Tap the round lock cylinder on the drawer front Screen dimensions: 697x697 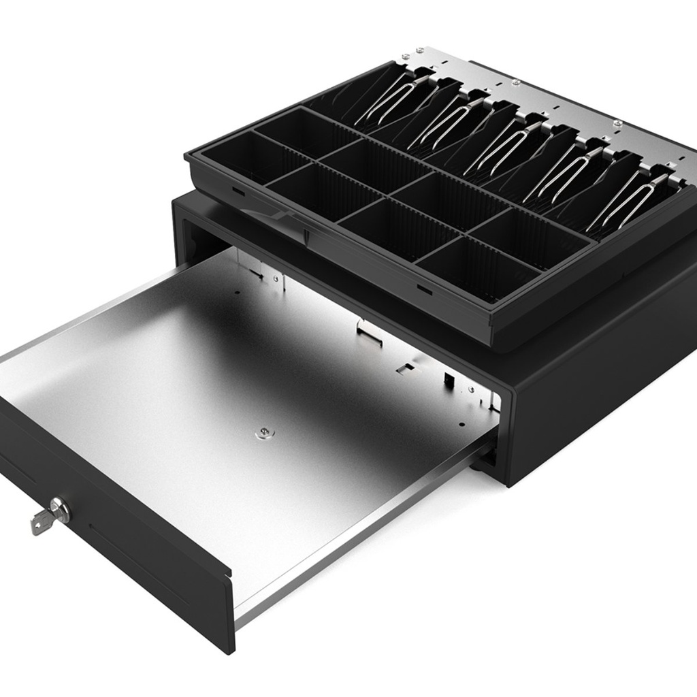click(x=60, y=509)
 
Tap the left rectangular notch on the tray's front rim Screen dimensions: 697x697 click(x=238, y=191)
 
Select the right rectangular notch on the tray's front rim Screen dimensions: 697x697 click(x=424, y=290)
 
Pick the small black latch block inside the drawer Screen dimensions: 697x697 click(x=449, y=380)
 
